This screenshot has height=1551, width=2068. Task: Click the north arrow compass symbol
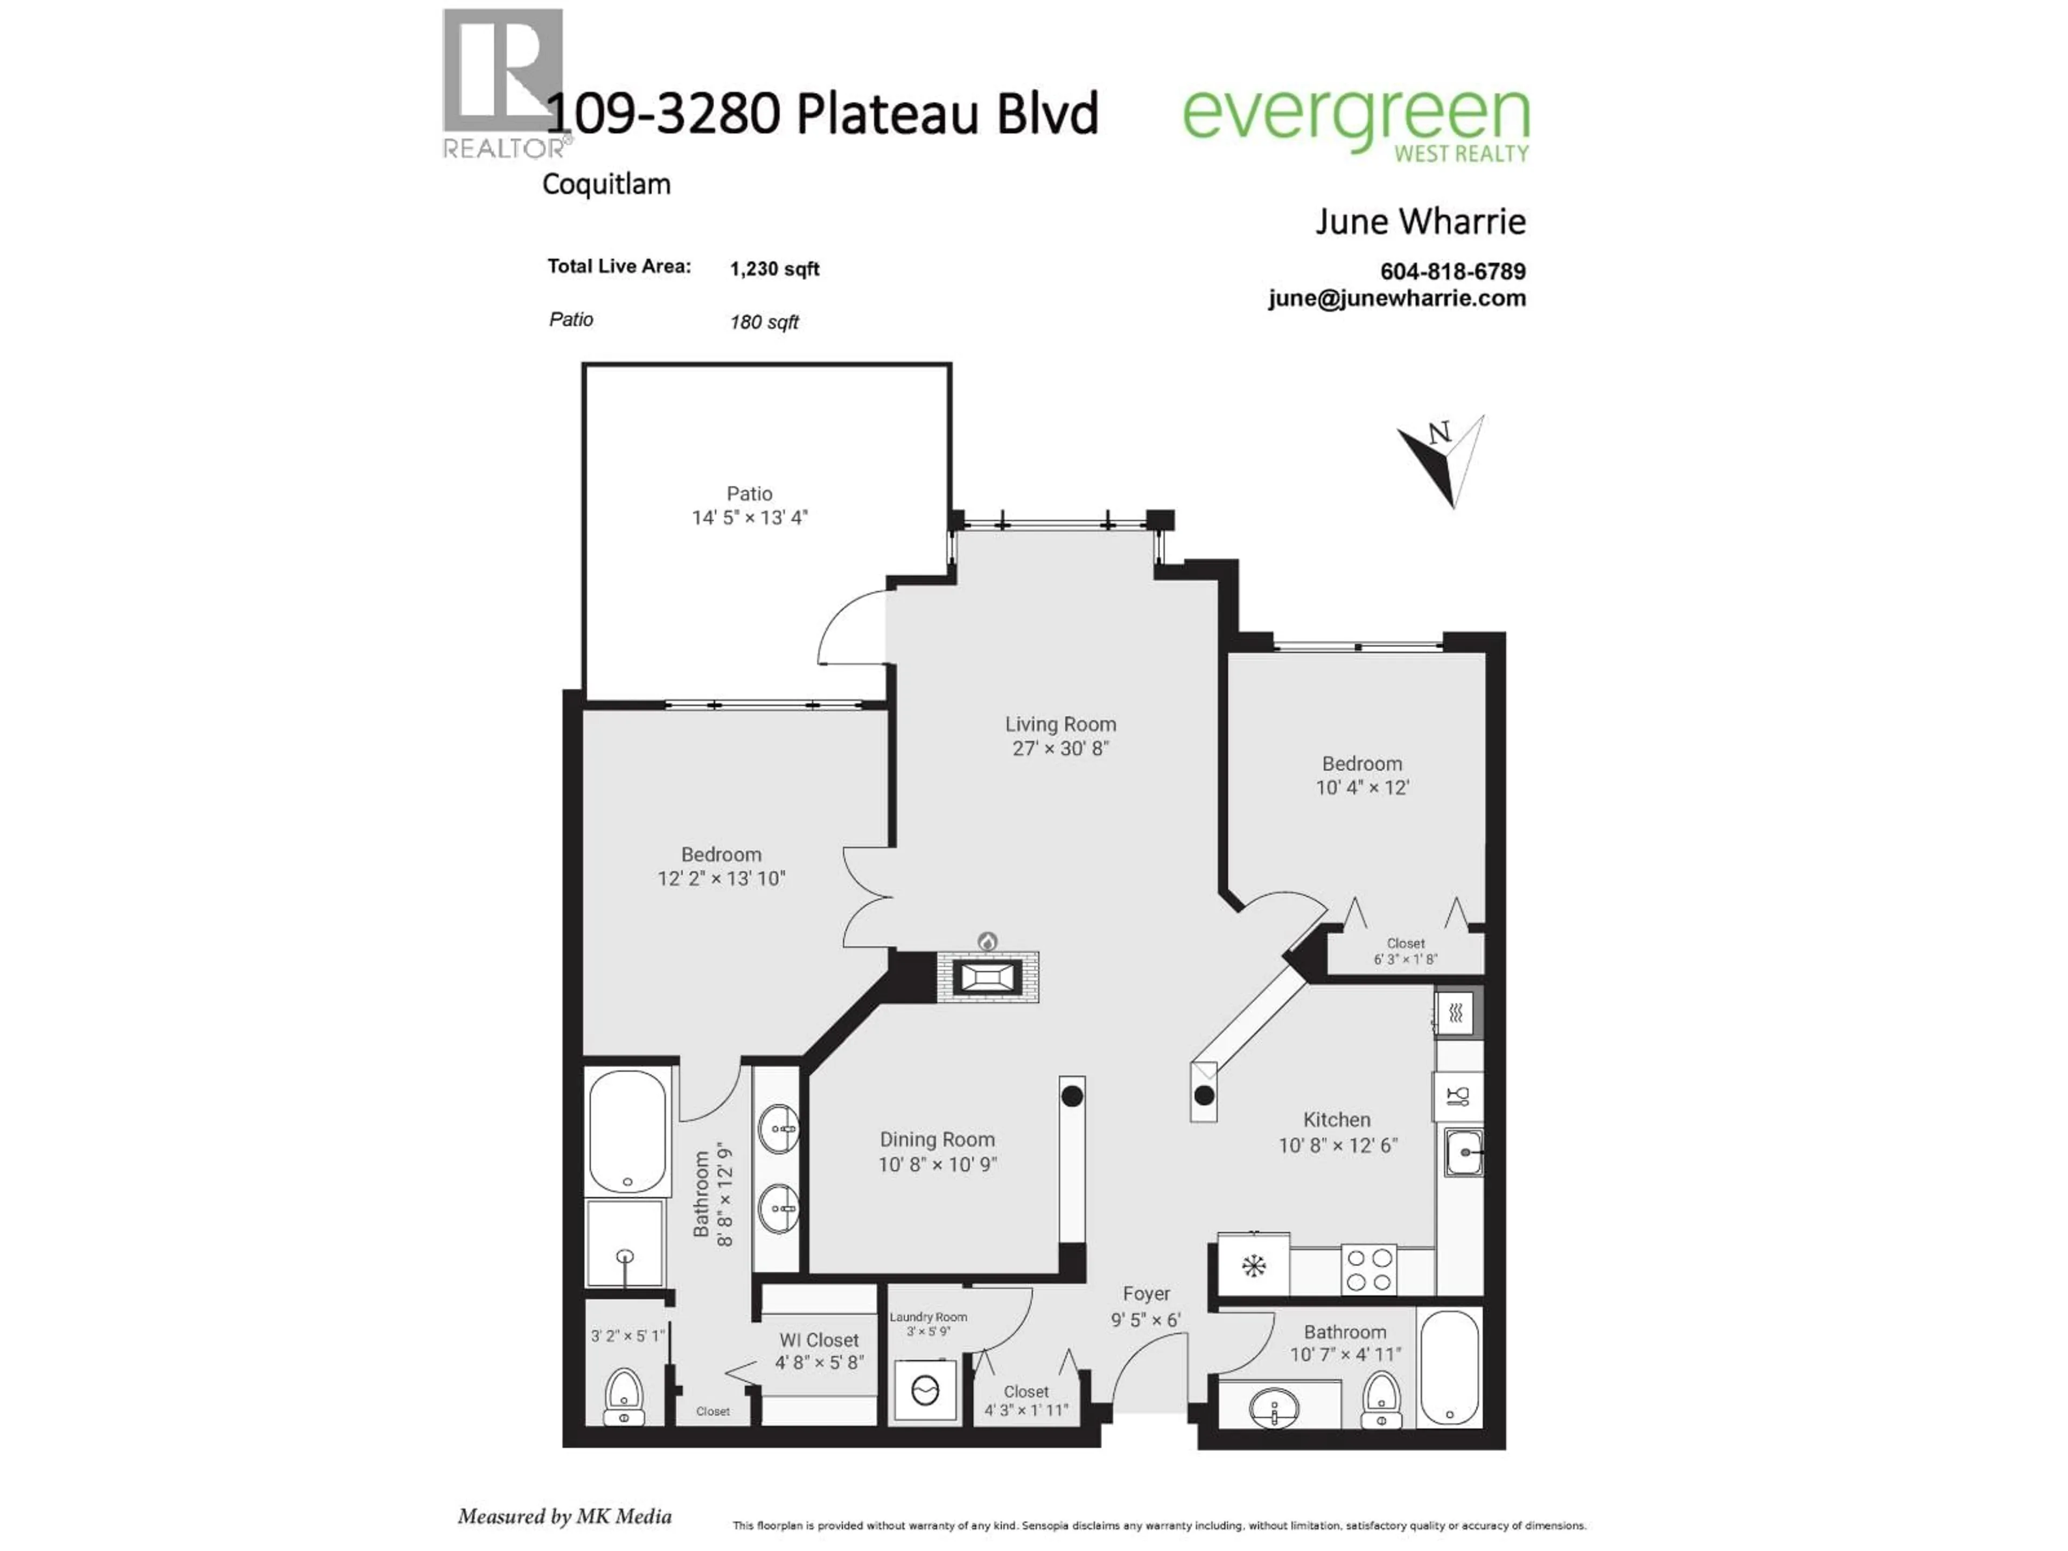pos(1443,460)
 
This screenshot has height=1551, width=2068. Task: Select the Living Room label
pos(1060,724)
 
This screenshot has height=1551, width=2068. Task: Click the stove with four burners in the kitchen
pos(1368,1269)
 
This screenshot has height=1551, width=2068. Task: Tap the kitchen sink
pos(1463,1152)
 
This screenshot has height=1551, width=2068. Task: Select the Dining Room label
pos(937,1140)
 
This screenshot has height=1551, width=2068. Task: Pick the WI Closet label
pos(819,1340)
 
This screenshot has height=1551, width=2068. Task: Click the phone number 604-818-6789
pos(1453,271)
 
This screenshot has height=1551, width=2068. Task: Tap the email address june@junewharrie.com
pos(1397,298)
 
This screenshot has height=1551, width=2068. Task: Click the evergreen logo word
pos(1356,115)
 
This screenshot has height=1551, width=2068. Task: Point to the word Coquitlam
pos(606,184)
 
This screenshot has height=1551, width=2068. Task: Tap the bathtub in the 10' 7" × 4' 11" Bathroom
pos(1449,1367)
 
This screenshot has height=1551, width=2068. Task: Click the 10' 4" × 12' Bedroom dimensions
pos(1362,788)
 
